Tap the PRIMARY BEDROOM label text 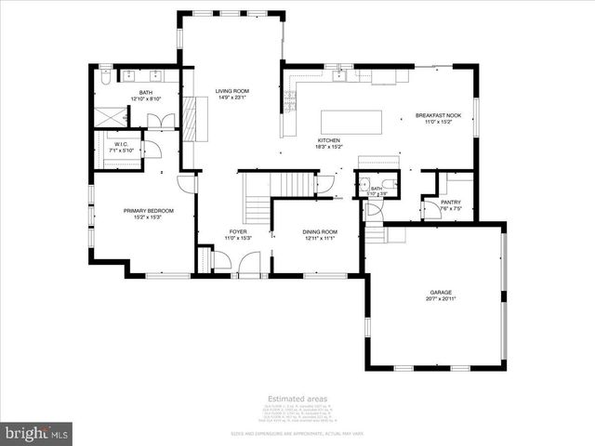click(x=143, y=211)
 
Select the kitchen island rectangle click(x=351, y=122)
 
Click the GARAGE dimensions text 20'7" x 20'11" click(x=441, y=299)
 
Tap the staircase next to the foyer click(x=257, y=203)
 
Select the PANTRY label click(x=451, y=202)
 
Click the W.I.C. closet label click(x=121, y=144)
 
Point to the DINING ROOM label click(x=319, y=231)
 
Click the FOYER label click(x=239, y=231)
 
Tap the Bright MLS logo click(x=37, y=433)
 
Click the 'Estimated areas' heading click(x=297, y=399)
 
